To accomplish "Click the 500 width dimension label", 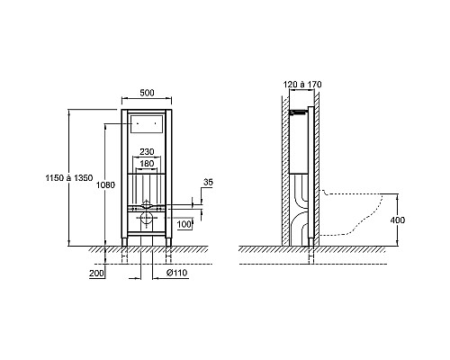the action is tap(147, 93).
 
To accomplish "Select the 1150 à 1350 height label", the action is tap(69, 178).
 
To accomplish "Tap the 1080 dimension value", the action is tap(105, 185).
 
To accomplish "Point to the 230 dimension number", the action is tap(147, 152).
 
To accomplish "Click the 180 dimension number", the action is tap(147, 164).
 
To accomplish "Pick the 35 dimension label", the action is tap(208, 182).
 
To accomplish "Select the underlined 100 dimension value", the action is tap(184, 224).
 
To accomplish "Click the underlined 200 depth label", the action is tap(96, 274).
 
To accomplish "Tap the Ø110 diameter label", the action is tap(177, 273).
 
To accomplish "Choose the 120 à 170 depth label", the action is tap(302, 85).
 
